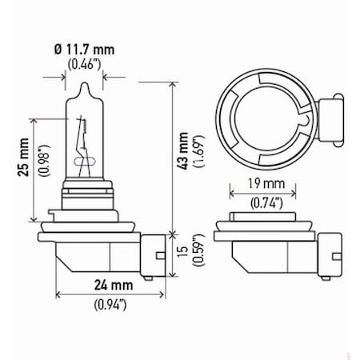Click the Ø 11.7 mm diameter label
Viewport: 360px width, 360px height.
[x=83, y=49]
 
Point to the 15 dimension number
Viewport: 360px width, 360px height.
[x=184, y=253]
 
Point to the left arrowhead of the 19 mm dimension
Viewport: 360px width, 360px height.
[x=232, y=192]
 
